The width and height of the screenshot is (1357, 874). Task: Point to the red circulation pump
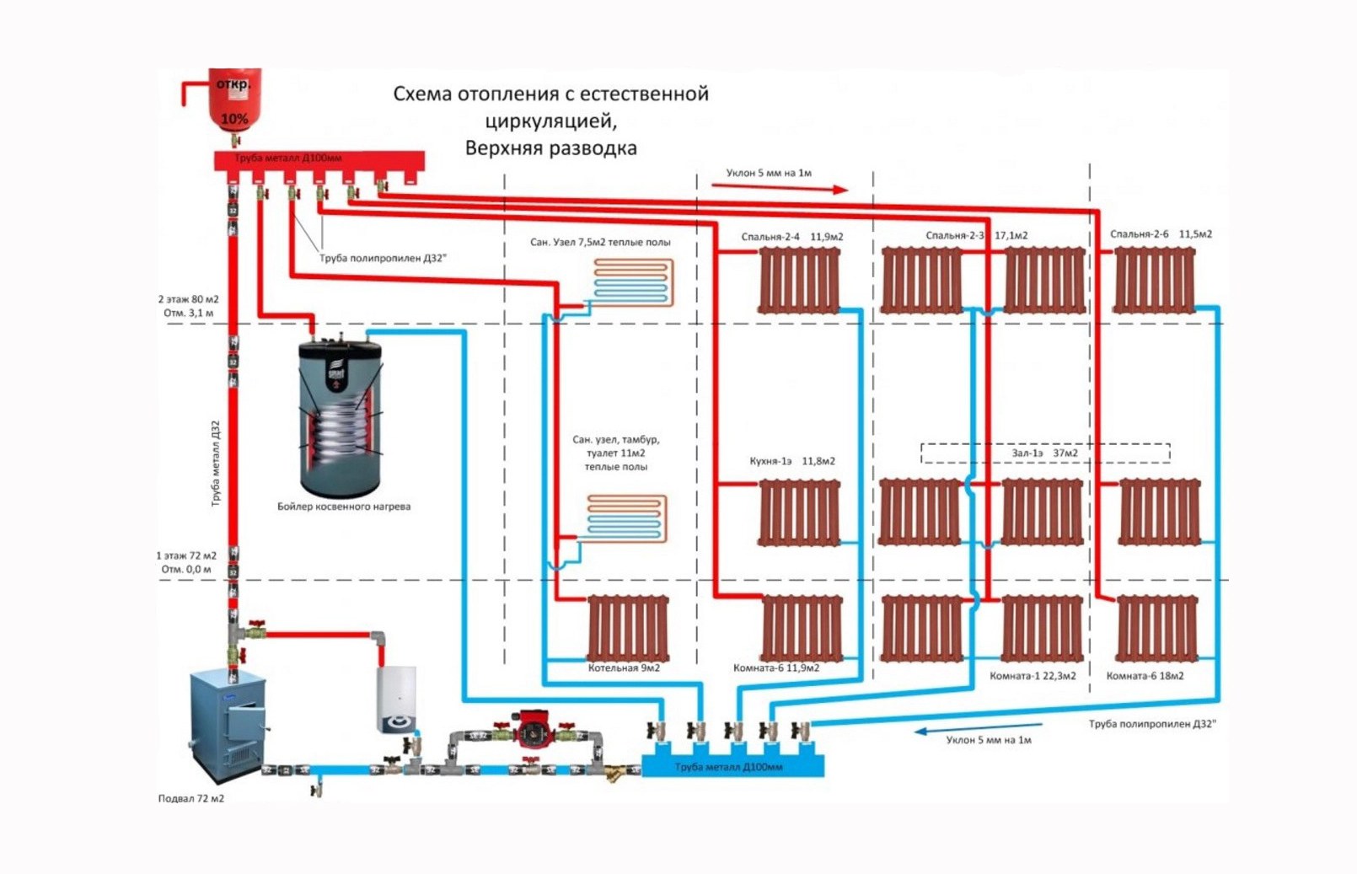(x=530, y=729)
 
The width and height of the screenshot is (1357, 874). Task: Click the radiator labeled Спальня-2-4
(x=799, y=282)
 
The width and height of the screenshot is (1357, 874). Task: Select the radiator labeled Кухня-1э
(x=800, y=512)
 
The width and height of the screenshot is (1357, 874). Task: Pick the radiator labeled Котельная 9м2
(x=628, y=629)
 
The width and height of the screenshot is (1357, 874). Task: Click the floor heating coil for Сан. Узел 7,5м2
(x=633, y=282)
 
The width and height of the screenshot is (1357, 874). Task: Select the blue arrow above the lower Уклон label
(x=978, y=728)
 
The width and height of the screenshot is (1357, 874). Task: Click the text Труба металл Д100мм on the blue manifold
(x=728, y=767)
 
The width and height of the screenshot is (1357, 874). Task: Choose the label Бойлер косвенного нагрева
(x=344, y=507)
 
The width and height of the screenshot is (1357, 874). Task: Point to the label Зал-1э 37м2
(x=1044, y=453)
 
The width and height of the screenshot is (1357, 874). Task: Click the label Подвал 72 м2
(x=191, y=798)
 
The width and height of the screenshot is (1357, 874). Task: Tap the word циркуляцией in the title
(x=550, y=121)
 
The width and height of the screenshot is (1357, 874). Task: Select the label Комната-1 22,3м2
(x=1032, y=676)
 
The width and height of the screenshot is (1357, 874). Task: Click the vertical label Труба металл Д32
(x=215, y=464)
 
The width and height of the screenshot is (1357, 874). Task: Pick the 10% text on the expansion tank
(x=234, y=119)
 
